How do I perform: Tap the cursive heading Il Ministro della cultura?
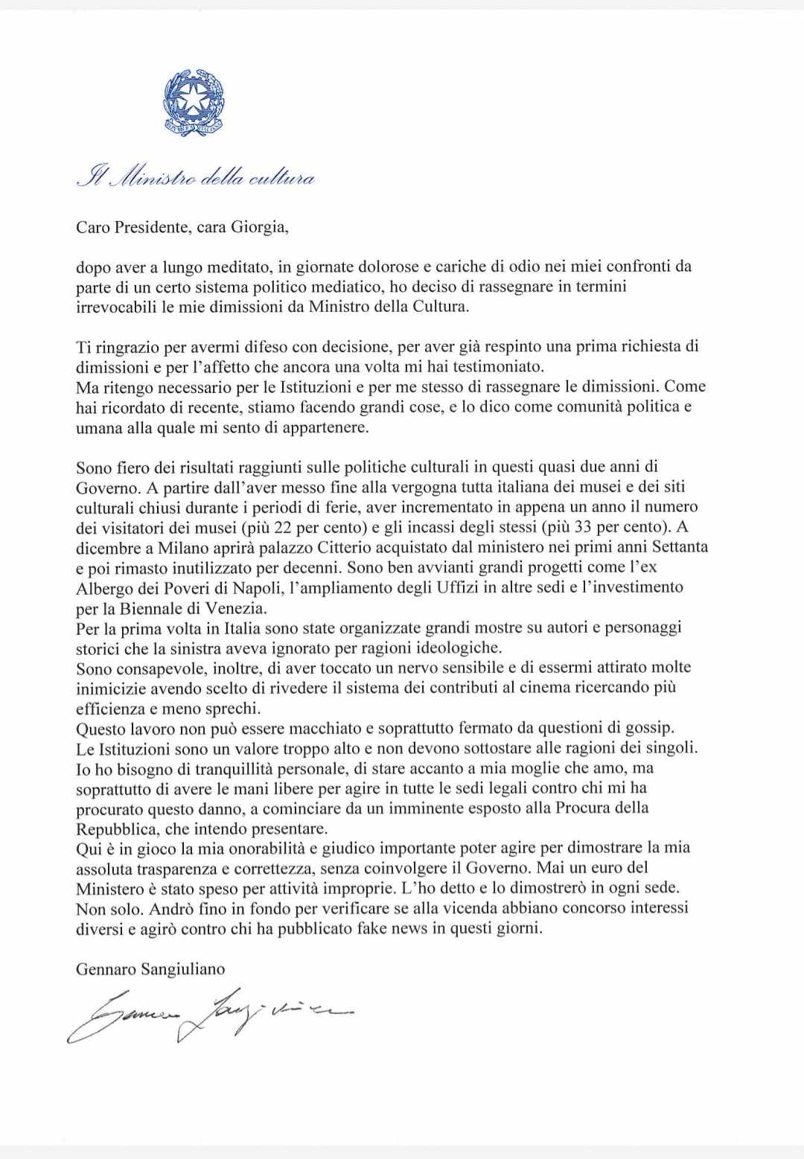[196, 179]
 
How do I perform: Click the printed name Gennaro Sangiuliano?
[150, 968]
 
